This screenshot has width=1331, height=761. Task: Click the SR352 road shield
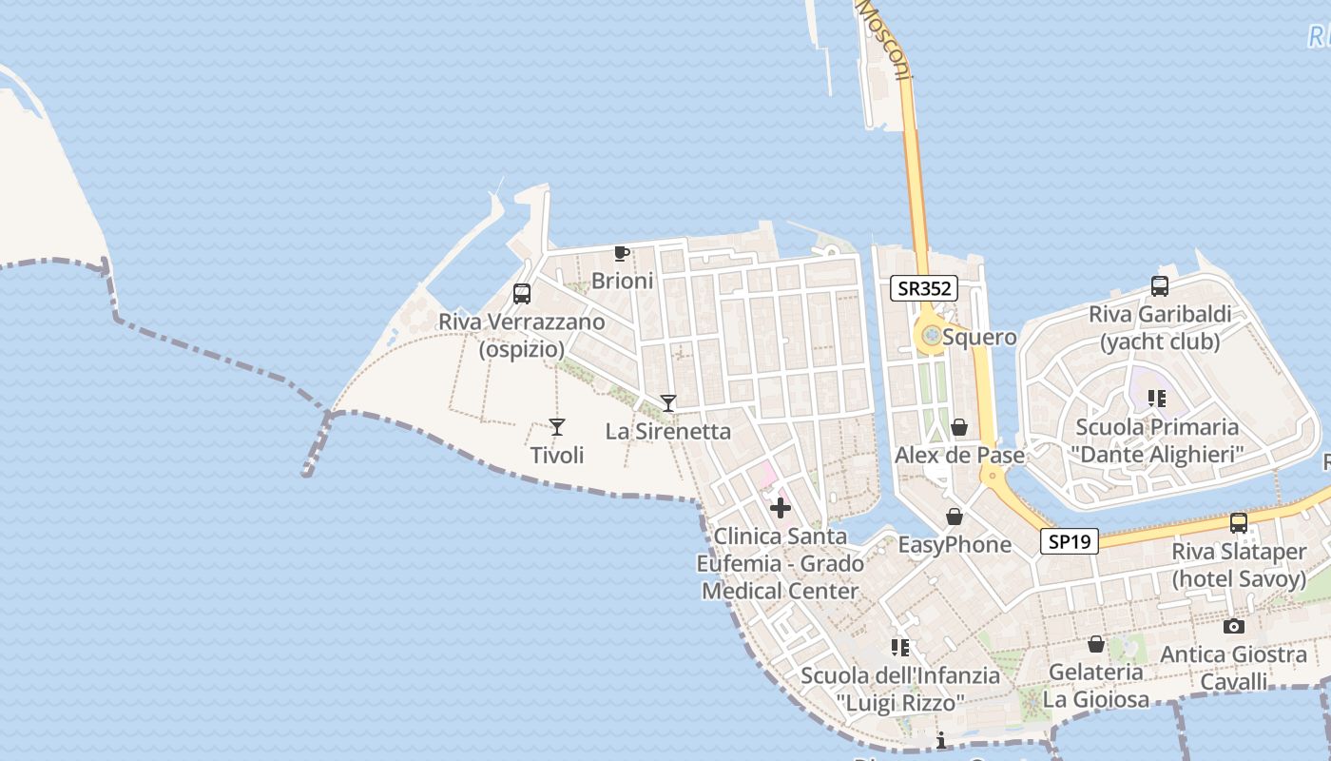(x=923, y=288)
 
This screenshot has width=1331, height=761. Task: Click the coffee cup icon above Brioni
(x=622, y=253)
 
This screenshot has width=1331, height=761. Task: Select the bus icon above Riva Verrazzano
(x=522, y=294)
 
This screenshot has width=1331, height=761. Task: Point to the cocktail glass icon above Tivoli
(x=557, y=427)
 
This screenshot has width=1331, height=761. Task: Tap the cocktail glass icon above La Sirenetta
(x=668, y=403)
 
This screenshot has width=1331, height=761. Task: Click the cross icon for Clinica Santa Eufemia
(x=781, y=508)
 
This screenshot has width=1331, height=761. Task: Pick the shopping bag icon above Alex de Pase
(x=959, y=427)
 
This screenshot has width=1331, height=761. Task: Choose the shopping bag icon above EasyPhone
(x=955, y=517)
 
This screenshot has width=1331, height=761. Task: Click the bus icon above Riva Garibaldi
(x=1160, y=285)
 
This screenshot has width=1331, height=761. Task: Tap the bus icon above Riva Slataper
(x=1239, y=522)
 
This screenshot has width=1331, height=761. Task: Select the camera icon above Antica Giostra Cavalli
(x=1234, y=626)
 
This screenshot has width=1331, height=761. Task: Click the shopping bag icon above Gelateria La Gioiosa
(x=1096, y=644)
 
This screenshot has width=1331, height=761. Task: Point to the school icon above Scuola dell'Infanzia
(x=900, y=648)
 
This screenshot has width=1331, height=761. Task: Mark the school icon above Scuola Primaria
(x=1157, y=398)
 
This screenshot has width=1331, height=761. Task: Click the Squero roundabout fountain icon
(x=932, y=335)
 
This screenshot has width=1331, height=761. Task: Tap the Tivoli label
(x=557, y=456)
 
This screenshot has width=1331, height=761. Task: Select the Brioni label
(x=623, y=281)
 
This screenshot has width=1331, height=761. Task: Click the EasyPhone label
(x=955, y=545)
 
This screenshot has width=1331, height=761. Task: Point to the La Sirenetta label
(x=668, y=432)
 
